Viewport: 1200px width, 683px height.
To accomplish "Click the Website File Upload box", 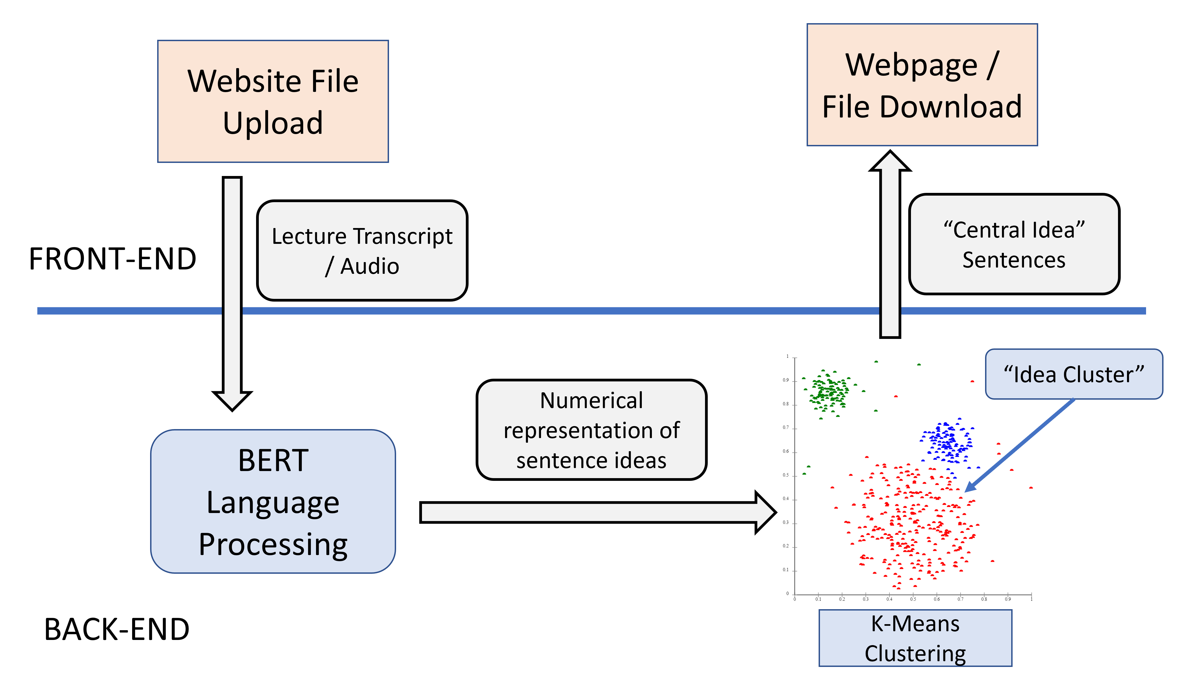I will [273, 101].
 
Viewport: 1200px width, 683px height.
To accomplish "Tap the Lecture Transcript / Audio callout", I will [362, 250].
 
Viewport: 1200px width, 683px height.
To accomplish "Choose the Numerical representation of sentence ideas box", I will [591, 430].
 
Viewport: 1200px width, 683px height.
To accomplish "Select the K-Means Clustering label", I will [915, 638].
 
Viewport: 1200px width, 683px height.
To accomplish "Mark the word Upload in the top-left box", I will [273, 123].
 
